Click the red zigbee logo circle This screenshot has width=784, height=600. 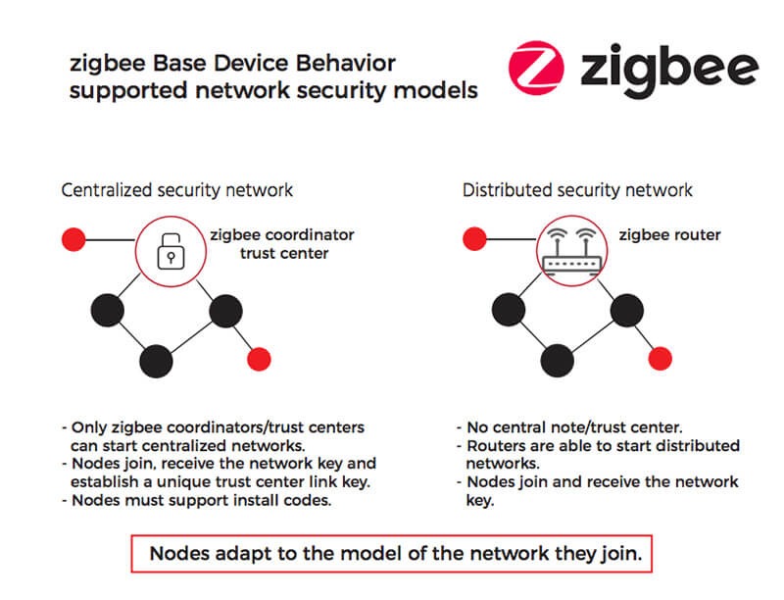click(x=537, y=69)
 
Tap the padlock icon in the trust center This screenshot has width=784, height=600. click(x=171, y=253)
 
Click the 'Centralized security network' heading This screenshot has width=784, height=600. click(x=176, y=190)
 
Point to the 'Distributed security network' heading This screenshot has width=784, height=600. click(x=577, y=190)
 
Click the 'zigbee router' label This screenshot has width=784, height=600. click(x=669, y=235)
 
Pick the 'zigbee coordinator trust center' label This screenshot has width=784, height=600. click(x=282, y=244)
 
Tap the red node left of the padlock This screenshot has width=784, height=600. click(x=72, y=238)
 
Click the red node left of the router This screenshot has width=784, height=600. click(x=474, y=238)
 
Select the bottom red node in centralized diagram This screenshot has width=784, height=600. click(x=259, y=358)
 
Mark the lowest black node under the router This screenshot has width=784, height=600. click(x=557, y=360)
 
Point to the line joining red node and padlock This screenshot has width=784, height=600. click(x=109, y=238)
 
